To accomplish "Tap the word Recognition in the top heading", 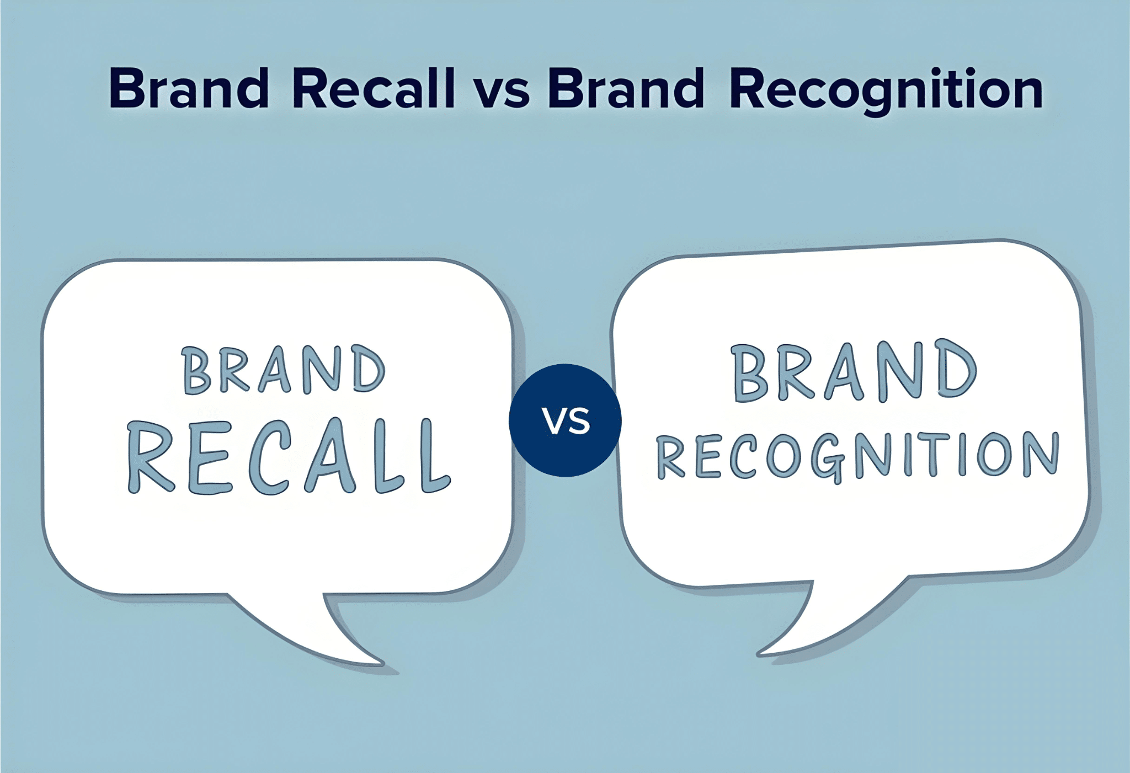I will coord(886,89).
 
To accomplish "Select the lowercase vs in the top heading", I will coord(502,91).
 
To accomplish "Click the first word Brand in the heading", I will coord(189,88).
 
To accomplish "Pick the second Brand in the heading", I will coord(626,88).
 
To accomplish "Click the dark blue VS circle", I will coord(565,420).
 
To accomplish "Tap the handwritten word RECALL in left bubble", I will coord(289,457).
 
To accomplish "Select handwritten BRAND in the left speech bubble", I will coord(283,370).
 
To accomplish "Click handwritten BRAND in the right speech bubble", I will coord(854,371).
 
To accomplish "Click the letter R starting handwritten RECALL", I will coord(149,457).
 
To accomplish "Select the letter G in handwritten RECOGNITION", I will coord(828,457).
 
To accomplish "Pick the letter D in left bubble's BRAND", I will coord(369,370).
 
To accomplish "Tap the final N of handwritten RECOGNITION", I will coord(1041,455).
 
